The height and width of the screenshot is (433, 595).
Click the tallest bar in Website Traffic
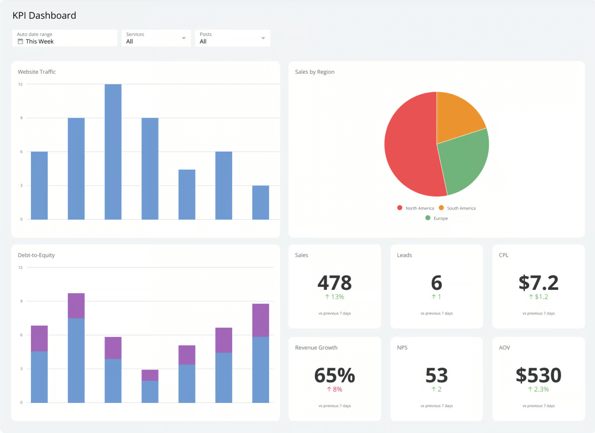(x=113, y=151)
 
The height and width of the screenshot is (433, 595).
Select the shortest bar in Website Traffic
(x=260, y=202)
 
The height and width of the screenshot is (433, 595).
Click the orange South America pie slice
(x=459, y=115)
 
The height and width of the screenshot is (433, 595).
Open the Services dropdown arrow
(x=184, y=38)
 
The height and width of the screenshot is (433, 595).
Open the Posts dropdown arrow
(x=263, y=38)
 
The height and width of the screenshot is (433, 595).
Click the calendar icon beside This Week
(x=20, y=41)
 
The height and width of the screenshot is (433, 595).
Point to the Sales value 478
(x=334, y=283)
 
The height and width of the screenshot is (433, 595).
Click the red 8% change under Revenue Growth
(x=334, y=389)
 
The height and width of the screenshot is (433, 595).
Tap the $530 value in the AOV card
(x=538, y=375)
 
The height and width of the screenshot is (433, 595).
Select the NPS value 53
(x=436, y=375)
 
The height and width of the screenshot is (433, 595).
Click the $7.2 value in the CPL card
(x=538, y=283)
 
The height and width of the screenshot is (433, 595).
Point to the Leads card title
(x=404, y=255)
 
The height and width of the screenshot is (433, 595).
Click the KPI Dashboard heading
(x=44, y=15)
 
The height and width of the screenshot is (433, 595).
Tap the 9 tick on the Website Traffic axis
(x=21, y=118)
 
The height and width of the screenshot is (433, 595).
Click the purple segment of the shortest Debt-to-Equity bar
(x=150, y=375)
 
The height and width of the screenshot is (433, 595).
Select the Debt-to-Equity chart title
(x=36, y=255)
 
